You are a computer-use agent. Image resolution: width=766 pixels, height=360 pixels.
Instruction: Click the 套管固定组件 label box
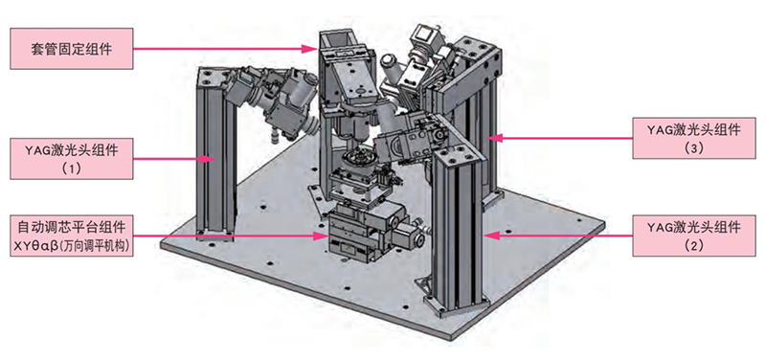[71, 49]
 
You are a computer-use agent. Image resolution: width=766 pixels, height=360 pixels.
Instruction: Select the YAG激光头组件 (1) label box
[71, 158]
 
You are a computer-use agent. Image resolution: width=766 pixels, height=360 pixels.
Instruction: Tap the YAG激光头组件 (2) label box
[694, 236]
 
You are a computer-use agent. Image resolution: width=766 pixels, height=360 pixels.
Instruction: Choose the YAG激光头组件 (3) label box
[694, 138]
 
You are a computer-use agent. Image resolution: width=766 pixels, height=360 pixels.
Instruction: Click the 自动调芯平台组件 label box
[71, 236]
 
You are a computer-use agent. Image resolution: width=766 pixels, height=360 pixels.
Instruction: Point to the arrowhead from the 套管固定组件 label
[311, 49]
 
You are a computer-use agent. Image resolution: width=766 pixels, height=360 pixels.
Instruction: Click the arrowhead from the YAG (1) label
[209, 158]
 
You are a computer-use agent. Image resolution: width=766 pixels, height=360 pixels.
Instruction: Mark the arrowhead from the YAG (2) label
[492, 236]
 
